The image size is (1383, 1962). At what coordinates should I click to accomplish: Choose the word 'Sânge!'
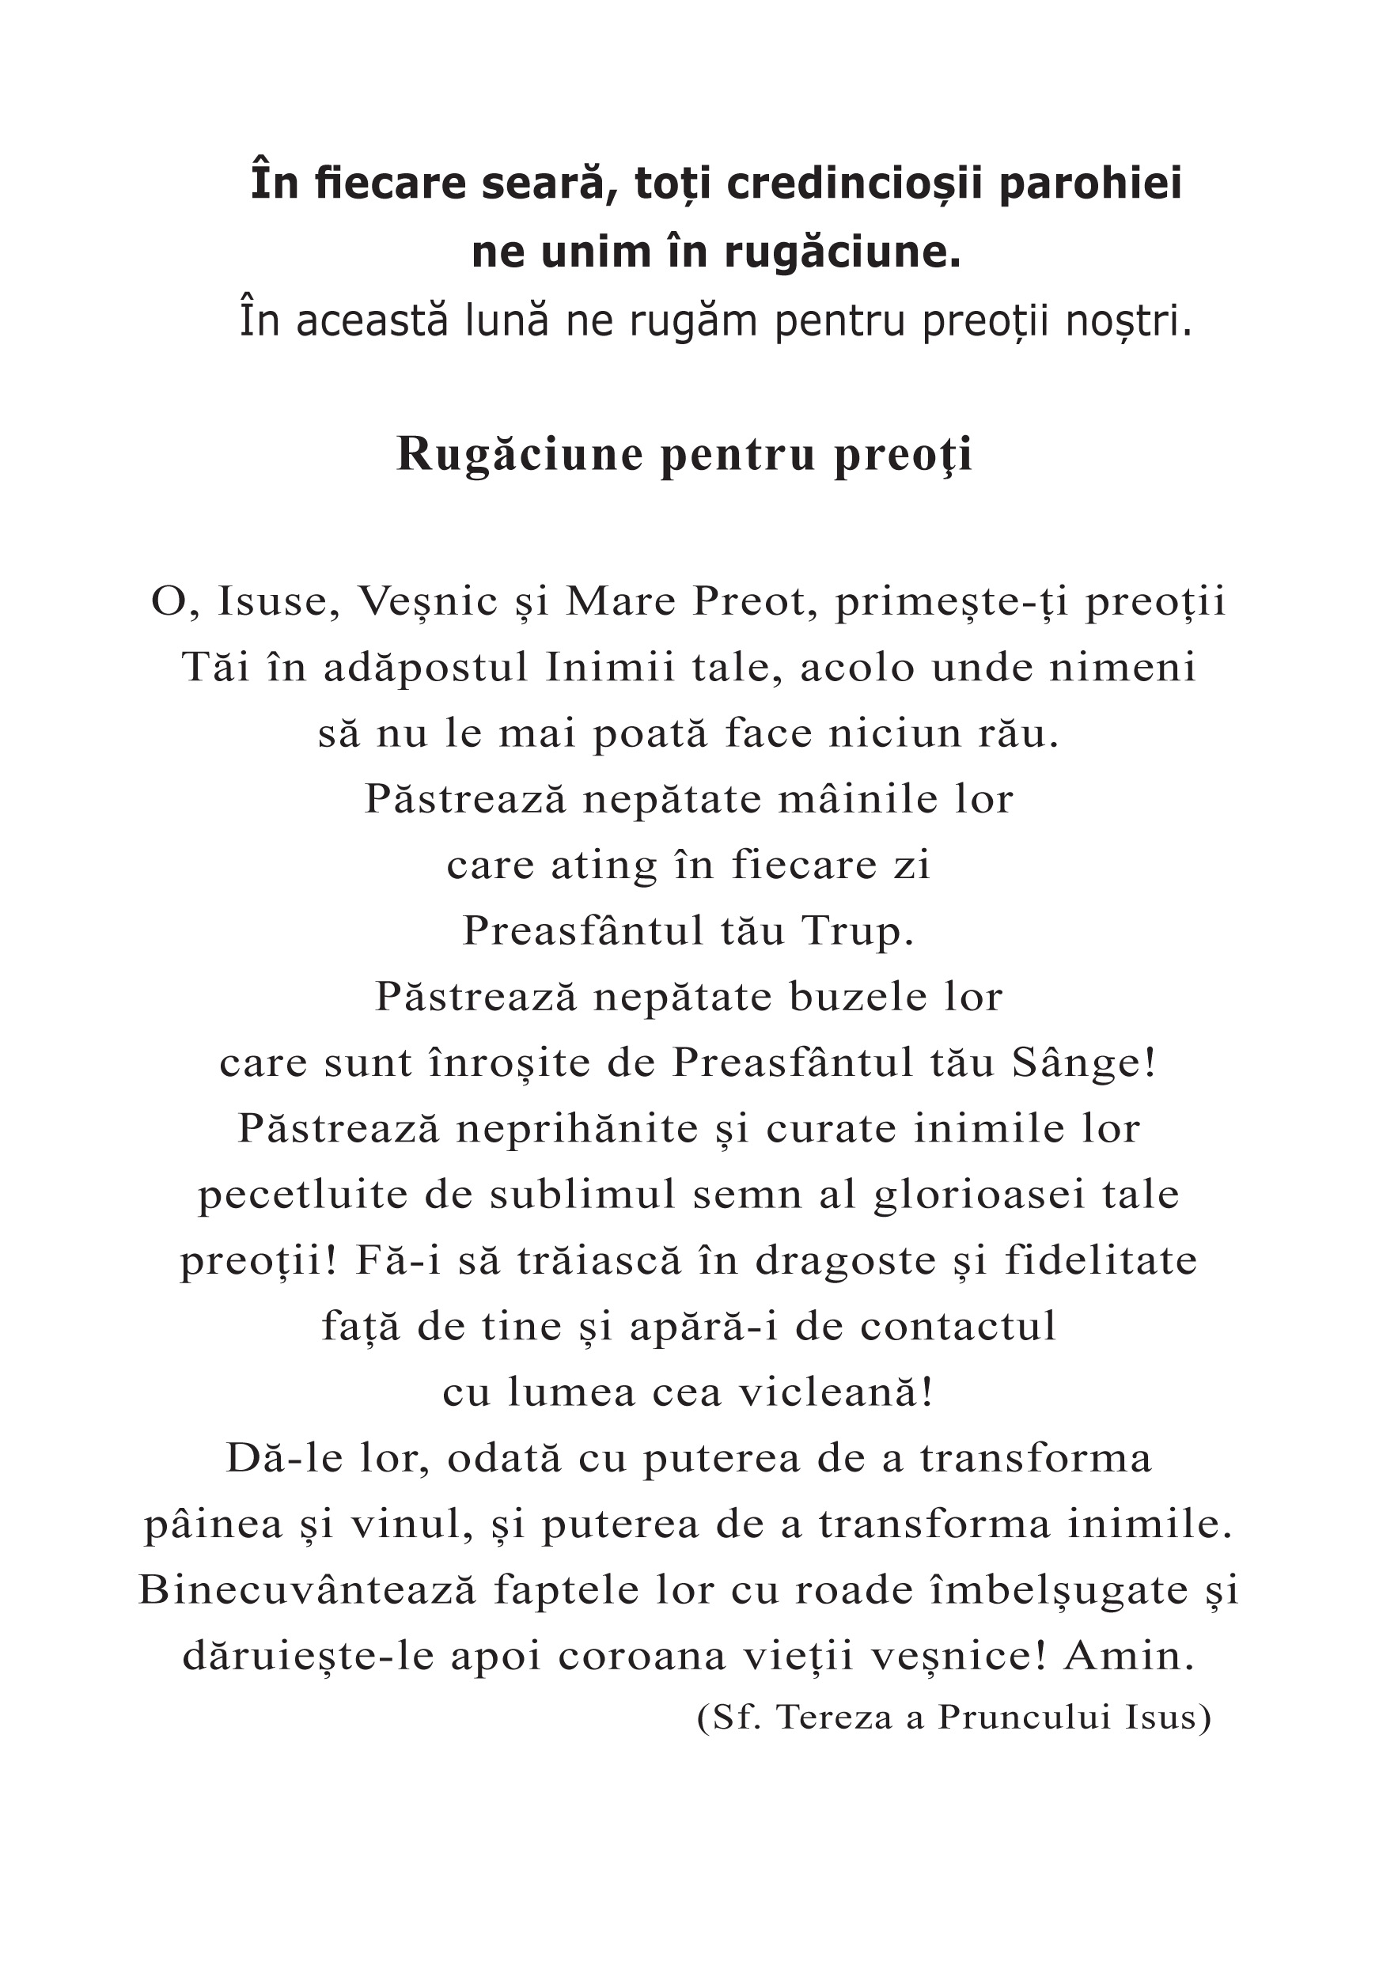pyautogui.click(x=1083, y=1063)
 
